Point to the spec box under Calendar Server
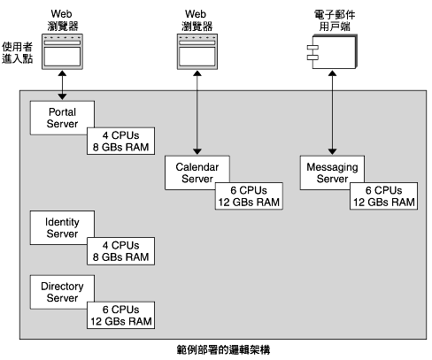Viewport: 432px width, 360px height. click(x=249, y=195)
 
